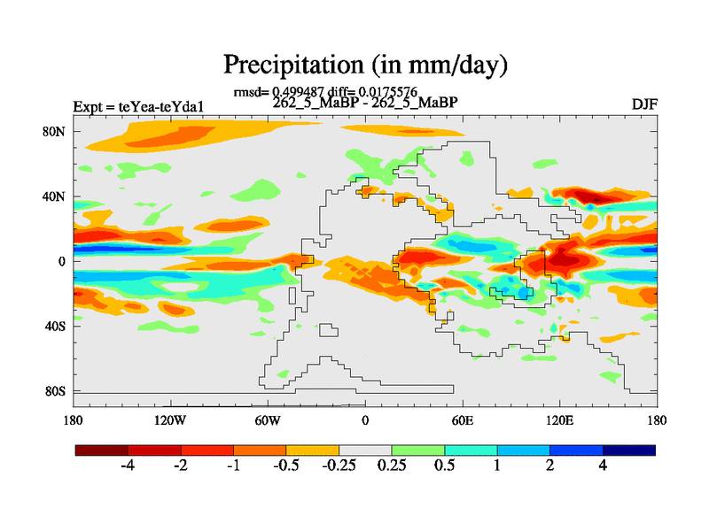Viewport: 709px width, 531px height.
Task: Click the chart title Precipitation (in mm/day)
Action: click(x=364, y=65)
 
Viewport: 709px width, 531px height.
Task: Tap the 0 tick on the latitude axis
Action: click(x=63, y=261)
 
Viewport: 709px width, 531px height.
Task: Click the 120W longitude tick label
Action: click(x=170, y=419)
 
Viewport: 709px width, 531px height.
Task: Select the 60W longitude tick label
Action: click(x=268, y=419)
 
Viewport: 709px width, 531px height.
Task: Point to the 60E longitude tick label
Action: click(x=463, y=419)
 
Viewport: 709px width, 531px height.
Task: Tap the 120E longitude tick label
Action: click(x=559, y=419)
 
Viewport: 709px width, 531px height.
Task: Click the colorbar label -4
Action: click(x=128, y=467)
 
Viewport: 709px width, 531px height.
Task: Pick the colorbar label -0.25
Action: click(x=338, y=467)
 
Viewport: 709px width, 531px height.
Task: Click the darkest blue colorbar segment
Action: click(x=629, y=450)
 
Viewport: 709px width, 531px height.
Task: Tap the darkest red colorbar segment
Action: click(x=102, y=450)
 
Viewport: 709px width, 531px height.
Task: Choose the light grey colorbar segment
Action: click(x=365, y=450)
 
